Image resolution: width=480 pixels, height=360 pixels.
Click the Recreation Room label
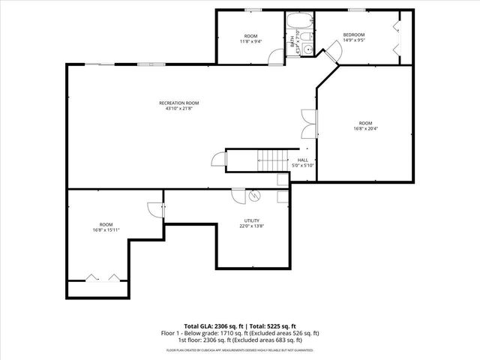click(178, 103)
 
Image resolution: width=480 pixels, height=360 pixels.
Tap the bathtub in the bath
click(298, 19)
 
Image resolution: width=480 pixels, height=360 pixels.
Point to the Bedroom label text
click(354, 35)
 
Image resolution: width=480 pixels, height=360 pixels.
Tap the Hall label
click(302, 160)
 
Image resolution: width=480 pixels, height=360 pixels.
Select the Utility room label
click(250, 220)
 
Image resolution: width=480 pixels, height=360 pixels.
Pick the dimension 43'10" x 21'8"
click(178, 108)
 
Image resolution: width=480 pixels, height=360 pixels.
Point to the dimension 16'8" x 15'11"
click(106, 229)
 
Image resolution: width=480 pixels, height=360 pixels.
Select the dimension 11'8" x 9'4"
click(250, 41)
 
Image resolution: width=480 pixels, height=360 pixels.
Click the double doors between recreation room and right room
click(307, 124)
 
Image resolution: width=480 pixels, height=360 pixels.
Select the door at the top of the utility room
click(235, 196)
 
